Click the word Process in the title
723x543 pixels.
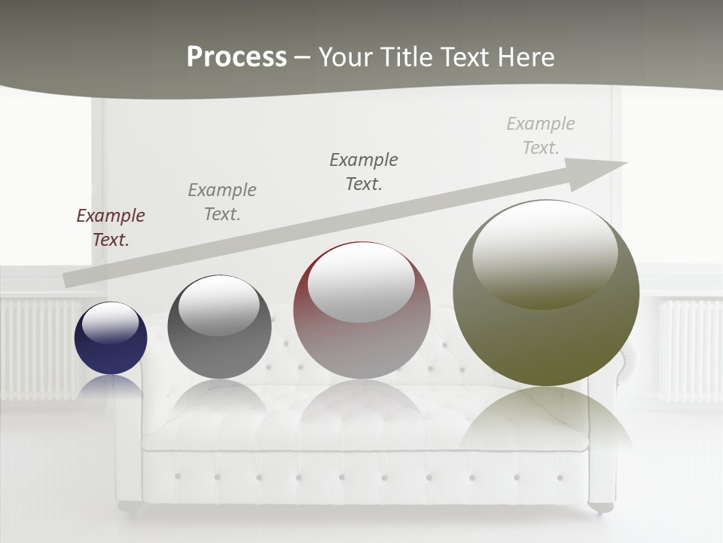[236, 57]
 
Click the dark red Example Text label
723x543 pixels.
[111, 228]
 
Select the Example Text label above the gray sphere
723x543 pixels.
[222, 201]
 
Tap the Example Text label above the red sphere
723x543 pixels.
[364, 171]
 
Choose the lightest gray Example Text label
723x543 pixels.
[541, 135]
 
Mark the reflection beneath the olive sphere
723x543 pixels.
[546, 419]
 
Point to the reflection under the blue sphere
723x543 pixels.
[111, 386]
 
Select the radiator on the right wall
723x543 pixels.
[689, 348]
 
